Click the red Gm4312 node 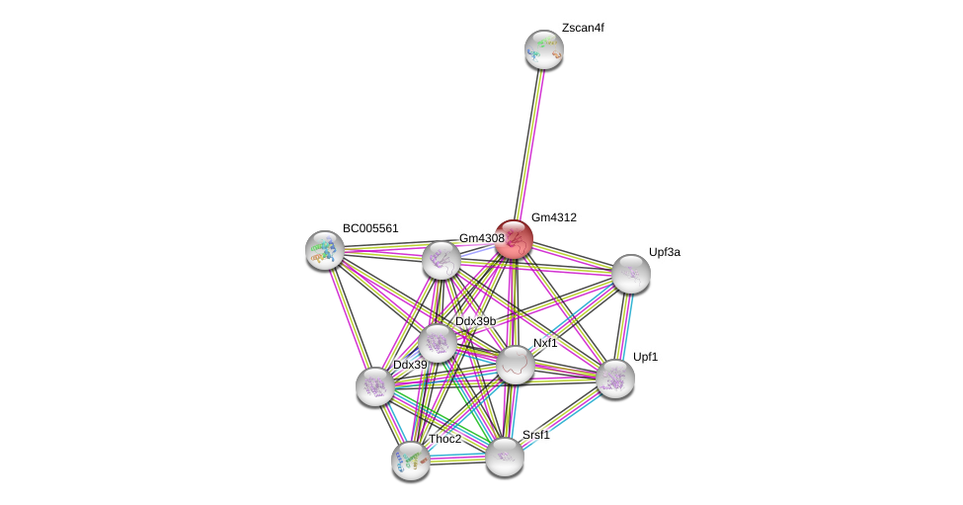514,239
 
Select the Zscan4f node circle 543,49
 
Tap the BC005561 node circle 324,250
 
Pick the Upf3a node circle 630,274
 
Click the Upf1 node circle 614,378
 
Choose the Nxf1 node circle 515,365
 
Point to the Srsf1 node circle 504,456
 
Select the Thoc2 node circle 411,460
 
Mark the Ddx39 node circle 375,385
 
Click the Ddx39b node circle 438,343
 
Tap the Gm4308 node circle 441,260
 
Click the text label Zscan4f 583,28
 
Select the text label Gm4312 553,217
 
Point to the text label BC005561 370,228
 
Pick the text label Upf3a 664,252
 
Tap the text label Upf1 645,357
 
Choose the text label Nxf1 545,343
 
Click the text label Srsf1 536,435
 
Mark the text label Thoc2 444,439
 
